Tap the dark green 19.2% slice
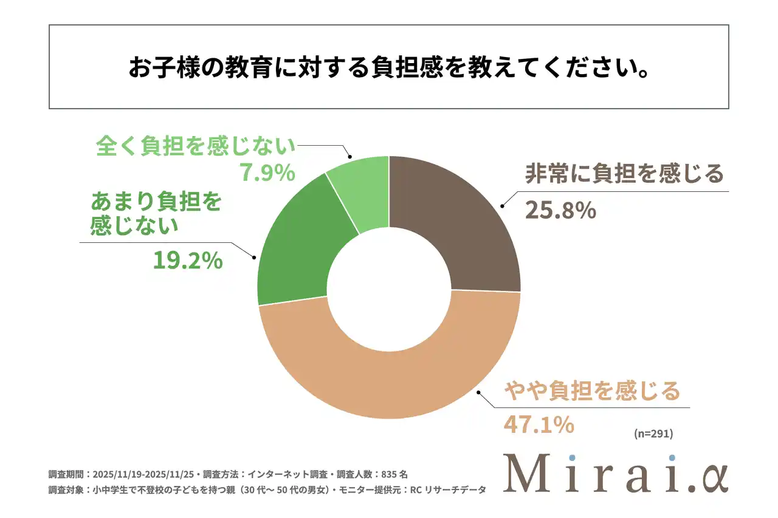tap(298, 255)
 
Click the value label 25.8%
tap(560, 210)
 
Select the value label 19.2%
tap(186, 261)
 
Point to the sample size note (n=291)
tap(653, 434)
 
